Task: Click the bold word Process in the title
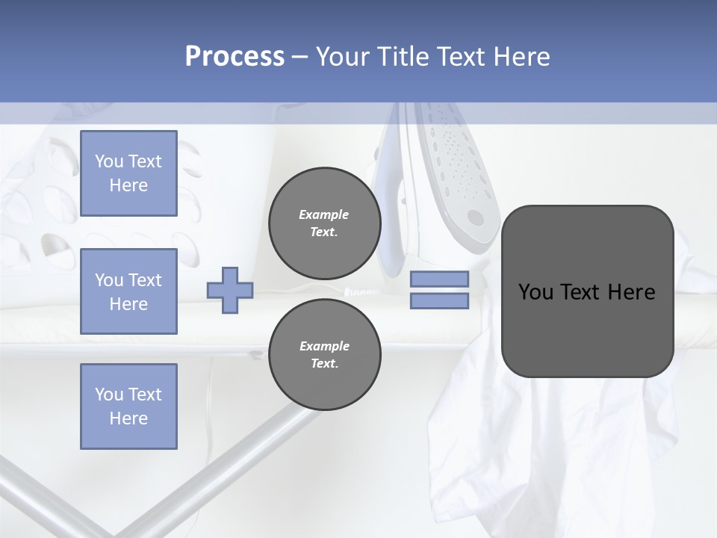pyautogui.click(x=235, y=57)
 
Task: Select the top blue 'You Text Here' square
pyautogui.click(x=128, y=173)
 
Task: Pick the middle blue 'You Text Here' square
pyautogui.click(x=128, y=291)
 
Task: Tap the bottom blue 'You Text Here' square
pyautogui.click(x=128, y=406)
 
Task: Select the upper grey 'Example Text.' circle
pyautogui.click(x=324, y=223)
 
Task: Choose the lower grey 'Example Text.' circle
pyautogui.click(x=324, y=355)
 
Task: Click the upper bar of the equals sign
pyautogui.click(x=439, y=279)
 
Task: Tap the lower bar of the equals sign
pyautogui.click(x=439, y=301)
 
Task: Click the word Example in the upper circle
pyautogui.click(x=324, y=214)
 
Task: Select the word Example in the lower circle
pyautogui.click(x=324, y=346)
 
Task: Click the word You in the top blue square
pyautogui.click(x=108, y=161)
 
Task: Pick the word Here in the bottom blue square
pyautogui.click(x=128, y=418)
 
